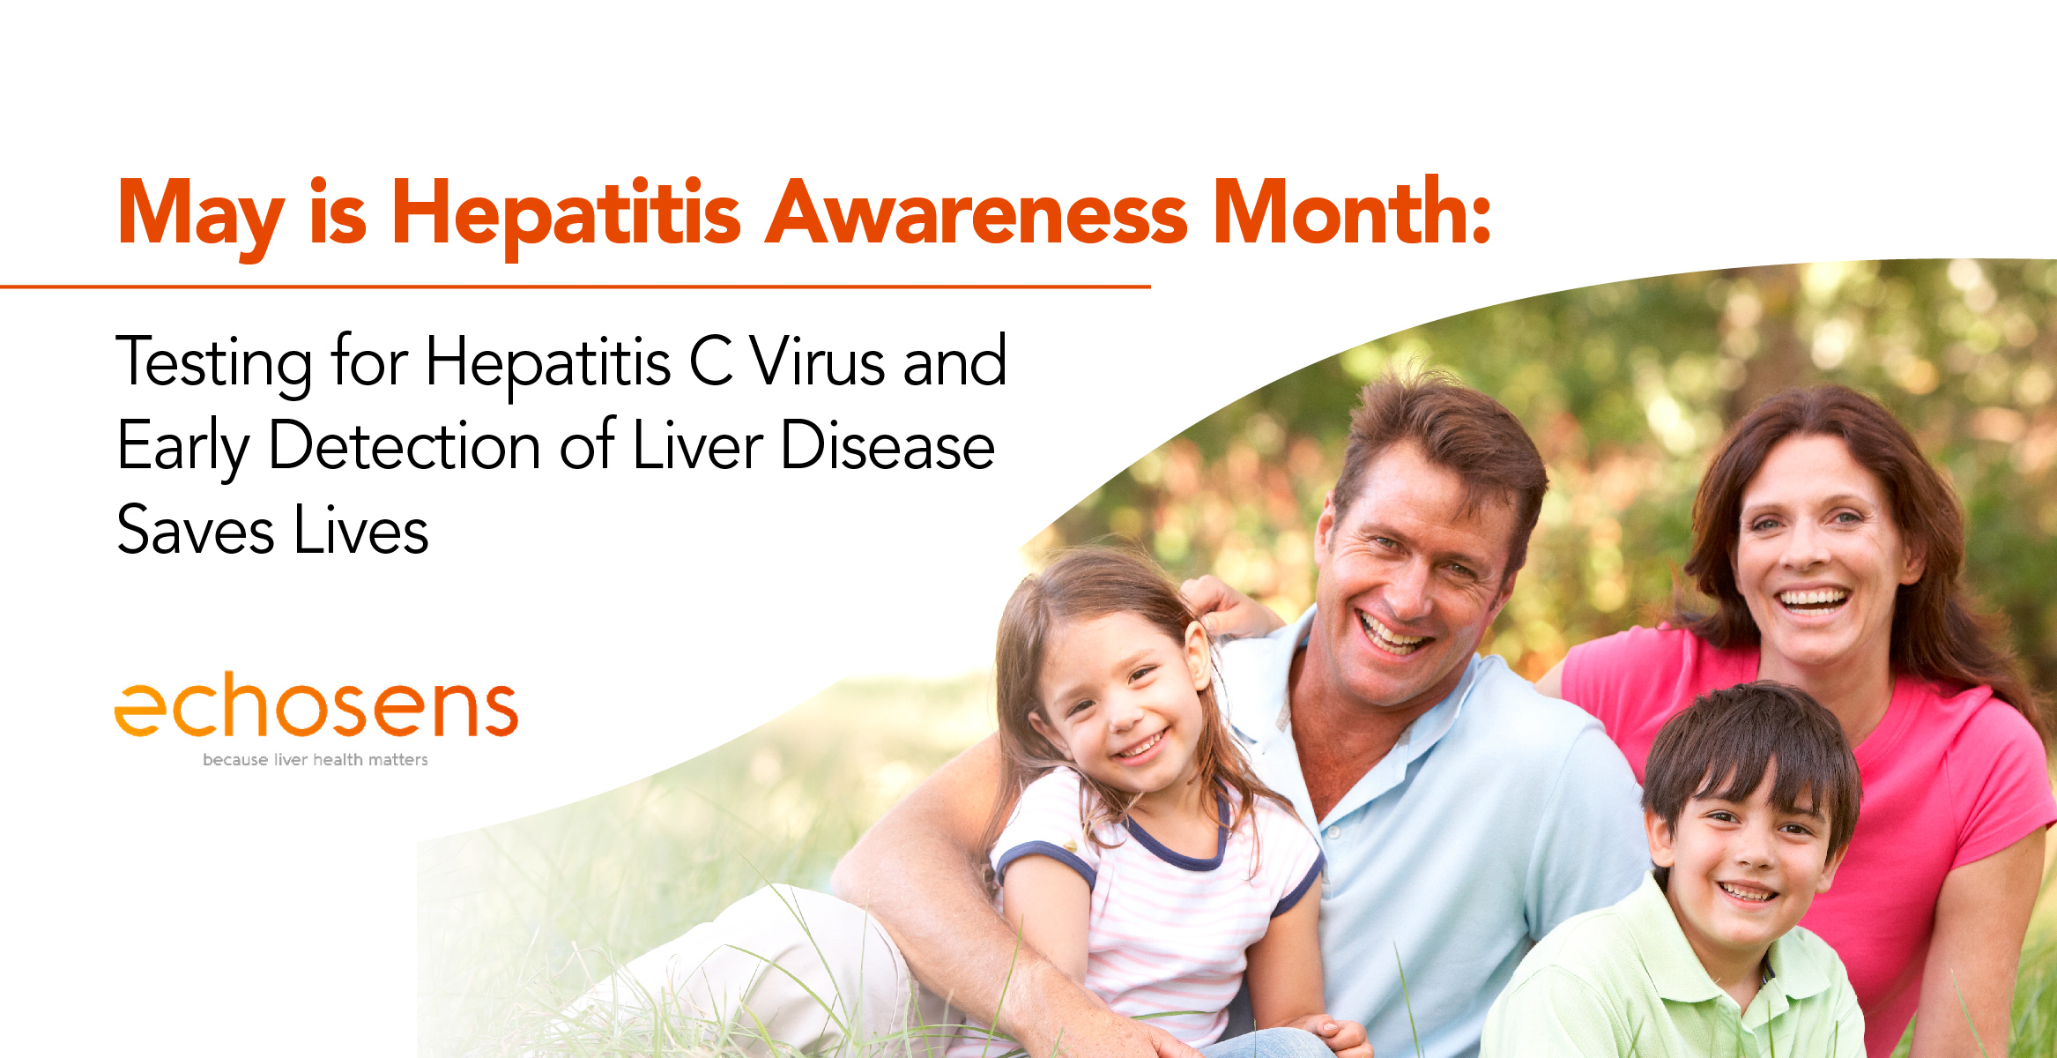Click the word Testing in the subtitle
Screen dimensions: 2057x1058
coord(214,363)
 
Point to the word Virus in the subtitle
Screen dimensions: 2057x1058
coord(817,361)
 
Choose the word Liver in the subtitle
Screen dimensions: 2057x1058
coord(698,445)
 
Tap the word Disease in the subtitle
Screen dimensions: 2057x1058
coord(887,445)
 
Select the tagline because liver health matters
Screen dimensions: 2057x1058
coord(316,759)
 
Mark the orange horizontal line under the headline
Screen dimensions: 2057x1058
coord(576,287)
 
